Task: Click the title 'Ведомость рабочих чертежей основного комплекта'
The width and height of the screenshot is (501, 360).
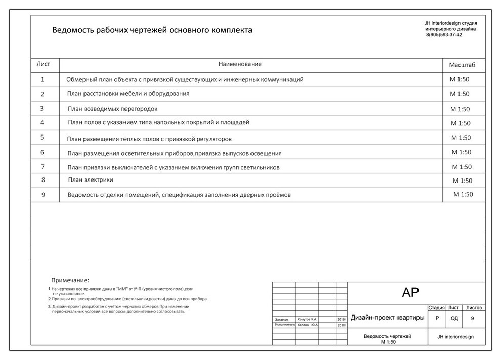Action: tap(152, 30)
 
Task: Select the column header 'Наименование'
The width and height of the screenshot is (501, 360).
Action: tap(240, 64)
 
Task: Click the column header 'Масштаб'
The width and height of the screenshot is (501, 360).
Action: tap(462, 65)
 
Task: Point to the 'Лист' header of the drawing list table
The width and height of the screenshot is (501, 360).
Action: tap(44, 64)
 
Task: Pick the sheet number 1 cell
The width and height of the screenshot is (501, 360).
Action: tap(43, 79)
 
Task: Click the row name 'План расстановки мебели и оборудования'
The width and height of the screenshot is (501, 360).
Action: tap(128, 94)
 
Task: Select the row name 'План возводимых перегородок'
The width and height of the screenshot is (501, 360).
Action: tap(113, 109)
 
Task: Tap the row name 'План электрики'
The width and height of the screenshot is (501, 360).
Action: tap(91, 179)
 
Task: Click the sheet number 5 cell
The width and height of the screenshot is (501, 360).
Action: tap(43, 137)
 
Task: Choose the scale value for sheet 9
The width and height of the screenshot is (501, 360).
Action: tap(463, 194)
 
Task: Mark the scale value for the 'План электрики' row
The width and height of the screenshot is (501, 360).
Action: tap(463, 181)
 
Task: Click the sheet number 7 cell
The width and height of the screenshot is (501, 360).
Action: tap(43, 166)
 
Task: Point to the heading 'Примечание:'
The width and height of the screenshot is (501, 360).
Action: tap(70, 280)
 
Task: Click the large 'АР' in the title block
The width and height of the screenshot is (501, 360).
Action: tap(410, 292)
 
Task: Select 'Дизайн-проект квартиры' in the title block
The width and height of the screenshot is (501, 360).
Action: tap(387, 318)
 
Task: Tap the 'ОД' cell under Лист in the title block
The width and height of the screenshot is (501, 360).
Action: tap(454, 319)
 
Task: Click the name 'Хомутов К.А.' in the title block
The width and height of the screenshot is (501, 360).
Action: tap(307, 320)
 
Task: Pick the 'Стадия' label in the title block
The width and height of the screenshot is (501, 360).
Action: tap(436, 307)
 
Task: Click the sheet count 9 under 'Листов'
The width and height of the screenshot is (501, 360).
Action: tap(472, 319)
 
